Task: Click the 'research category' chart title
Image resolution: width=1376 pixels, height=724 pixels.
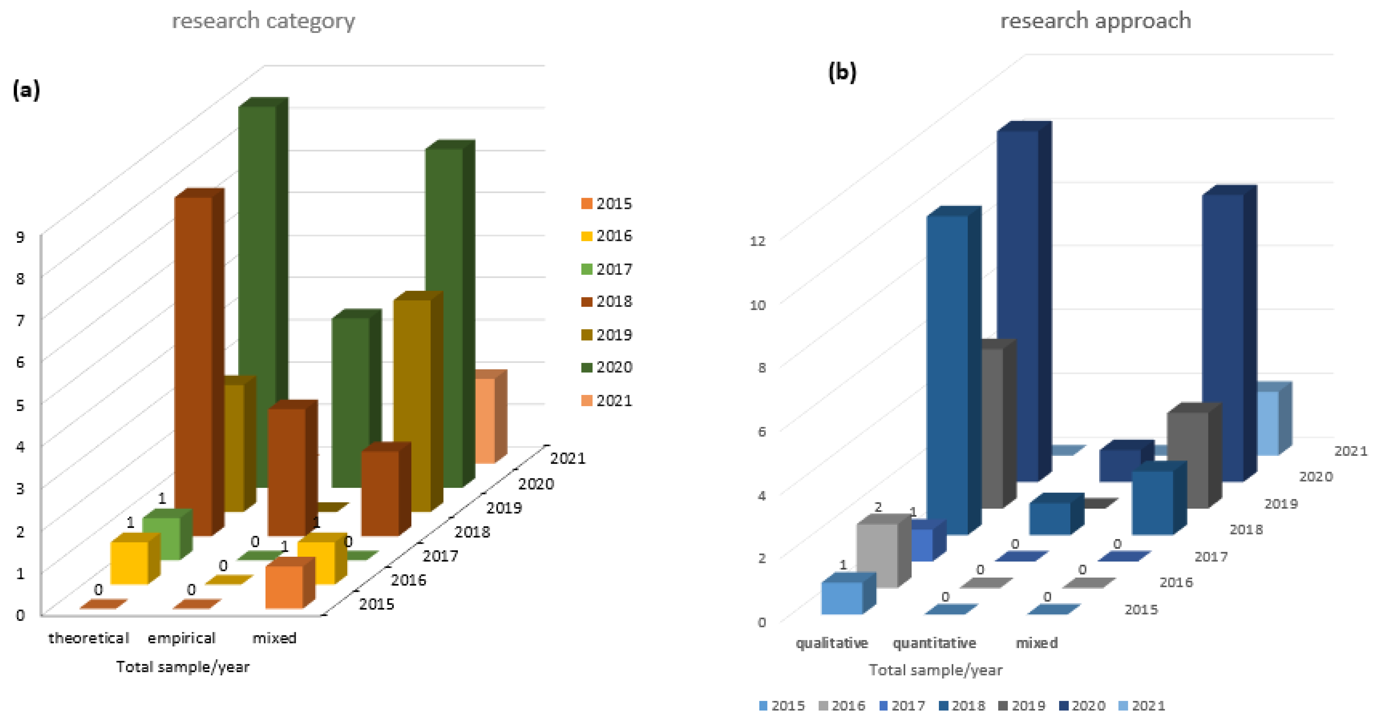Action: click(263, 21)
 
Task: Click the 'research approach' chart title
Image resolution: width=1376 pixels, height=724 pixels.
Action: click(1095, 21)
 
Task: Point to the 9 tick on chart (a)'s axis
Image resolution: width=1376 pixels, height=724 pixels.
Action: click(20, 237)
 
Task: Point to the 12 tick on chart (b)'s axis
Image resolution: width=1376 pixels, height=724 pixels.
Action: click(757, 241)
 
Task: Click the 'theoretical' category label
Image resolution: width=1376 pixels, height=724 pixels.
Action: click(89, 638)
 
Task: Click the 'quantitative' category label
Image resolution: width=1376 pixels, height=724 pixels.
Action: click(934, 643)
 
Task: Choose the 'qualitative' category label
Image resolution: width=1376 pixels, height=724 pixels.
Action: click(832, 643)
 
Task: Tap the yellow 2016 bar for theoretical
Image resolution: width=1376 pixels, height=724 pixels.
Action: click(129, 563)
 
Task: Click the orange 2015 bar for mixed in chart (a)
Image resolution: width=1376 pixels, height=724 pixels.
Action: click(284, 587)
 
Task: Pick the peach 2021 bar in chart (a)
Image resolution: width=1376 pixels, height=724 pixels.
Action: click(484, 419)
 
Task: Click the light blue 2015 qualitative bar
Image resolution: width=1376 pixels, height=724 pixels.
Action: click(842, 598)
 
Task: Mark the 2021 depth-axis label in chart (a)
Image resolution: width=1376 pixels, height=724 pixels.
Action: click(568, 459)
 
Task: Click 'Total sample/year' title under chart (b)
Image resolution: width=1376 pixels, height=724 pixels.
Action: click(935, 670)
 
